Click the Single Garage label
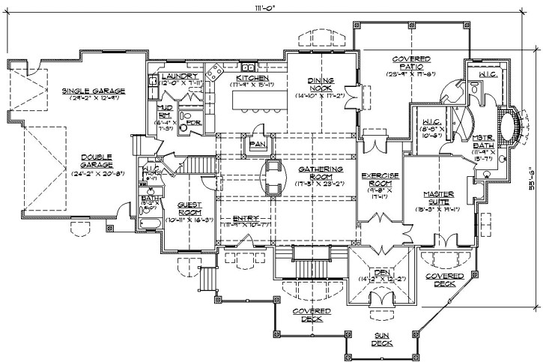tap(93, 91)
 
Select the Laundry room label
tap(180, 76)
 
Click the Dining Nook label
tap(326, 83)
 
